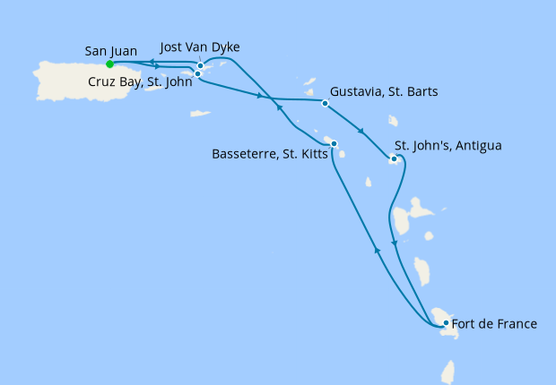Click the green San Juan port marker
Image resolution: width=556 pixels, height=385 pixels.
pos(109,64)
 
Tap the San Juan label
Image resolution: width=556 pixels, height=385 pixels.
pos(111,50)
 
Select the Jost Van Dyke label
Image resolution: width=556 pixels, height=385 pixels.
pos(200,47)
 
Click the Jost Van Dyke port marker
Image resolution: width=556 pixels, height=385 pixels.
pos(200,65)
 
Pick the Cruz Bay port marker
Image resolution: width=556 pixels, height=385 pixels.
pos(197,73)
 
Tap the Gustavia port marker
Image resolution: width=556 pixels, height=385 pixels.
pos(325,104)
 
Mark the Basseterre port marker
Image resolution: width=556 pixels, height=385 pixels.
pos(334,144)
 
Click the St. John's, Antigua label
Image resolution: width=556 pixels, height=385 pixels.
pos(448,146)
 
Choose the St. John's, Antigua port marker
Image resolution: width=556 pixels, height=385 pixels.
pos(393,160)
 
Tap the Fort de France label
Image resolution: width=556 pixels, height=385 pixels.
pos(495,323)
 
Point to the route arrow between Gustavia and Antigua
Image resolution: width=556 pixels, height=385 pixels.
pos(361,132)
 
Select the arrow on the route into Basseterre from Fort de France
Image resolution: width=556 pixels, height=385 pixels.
pos(378,252)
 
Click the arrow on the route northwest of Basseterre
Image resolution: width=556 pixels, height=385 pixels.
pos(278,107)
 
